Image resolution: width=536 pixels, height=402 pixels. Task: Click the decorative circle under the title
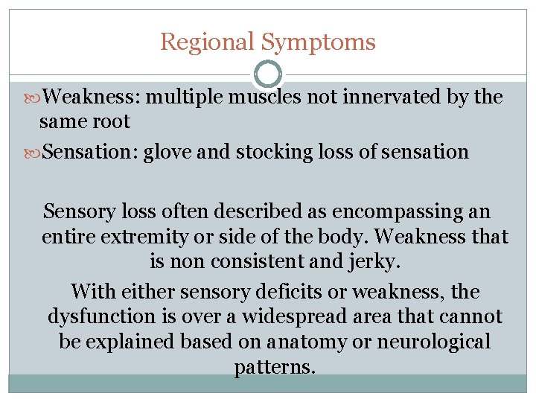pos(268,74)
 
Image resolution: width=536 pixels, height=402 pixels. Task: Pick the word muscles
pos(264,97)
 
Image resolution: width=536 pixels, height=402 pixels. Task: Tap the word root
pos(115,121)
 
